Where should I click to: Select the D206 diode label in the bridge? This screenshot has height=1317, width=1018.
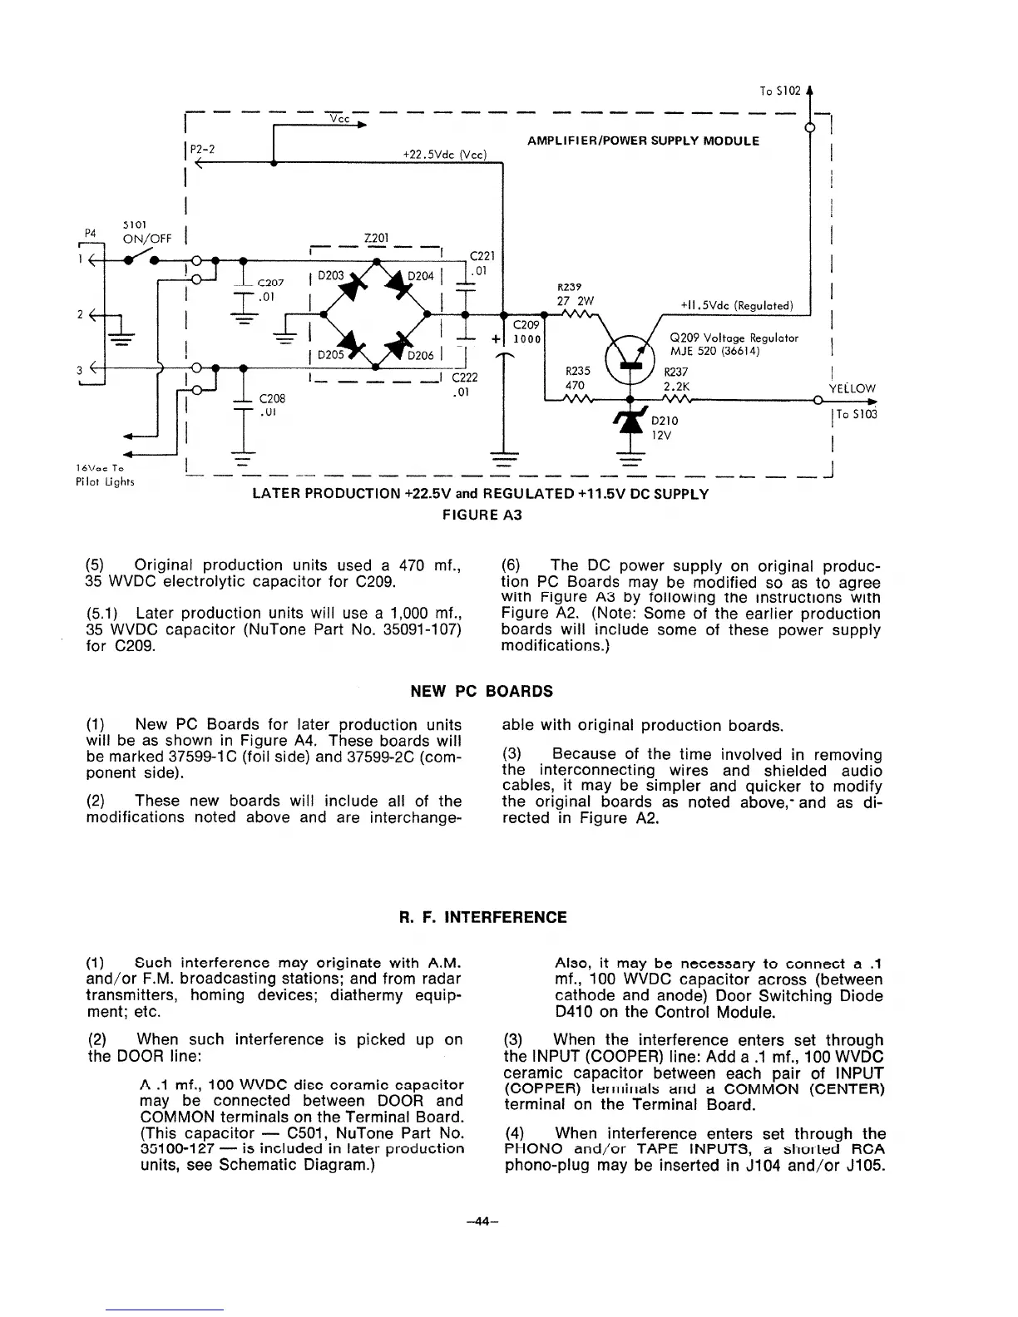coord(419,356)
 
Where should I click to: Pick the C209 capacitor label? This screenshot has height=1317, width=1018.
coord(526,325)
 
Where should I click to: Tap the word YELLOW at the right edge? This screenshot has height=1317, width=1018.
coord(853,388)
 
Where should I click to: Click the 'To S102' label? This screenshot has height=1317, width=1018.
coord(780,91)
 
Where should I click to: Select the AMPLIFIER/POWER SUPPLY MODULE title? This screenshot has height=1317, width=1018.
coord(643,141)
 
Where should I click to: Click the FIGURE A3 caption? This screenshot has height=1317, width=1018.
coord(482,515)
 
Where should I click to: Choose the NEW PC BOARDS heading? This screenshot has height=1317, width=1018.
coord(482,691)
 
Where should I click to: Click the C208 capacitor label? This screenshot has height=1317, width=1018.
coord(274,398)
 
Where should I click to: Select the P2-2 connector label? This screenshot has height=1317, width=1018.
coord(199,149)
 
